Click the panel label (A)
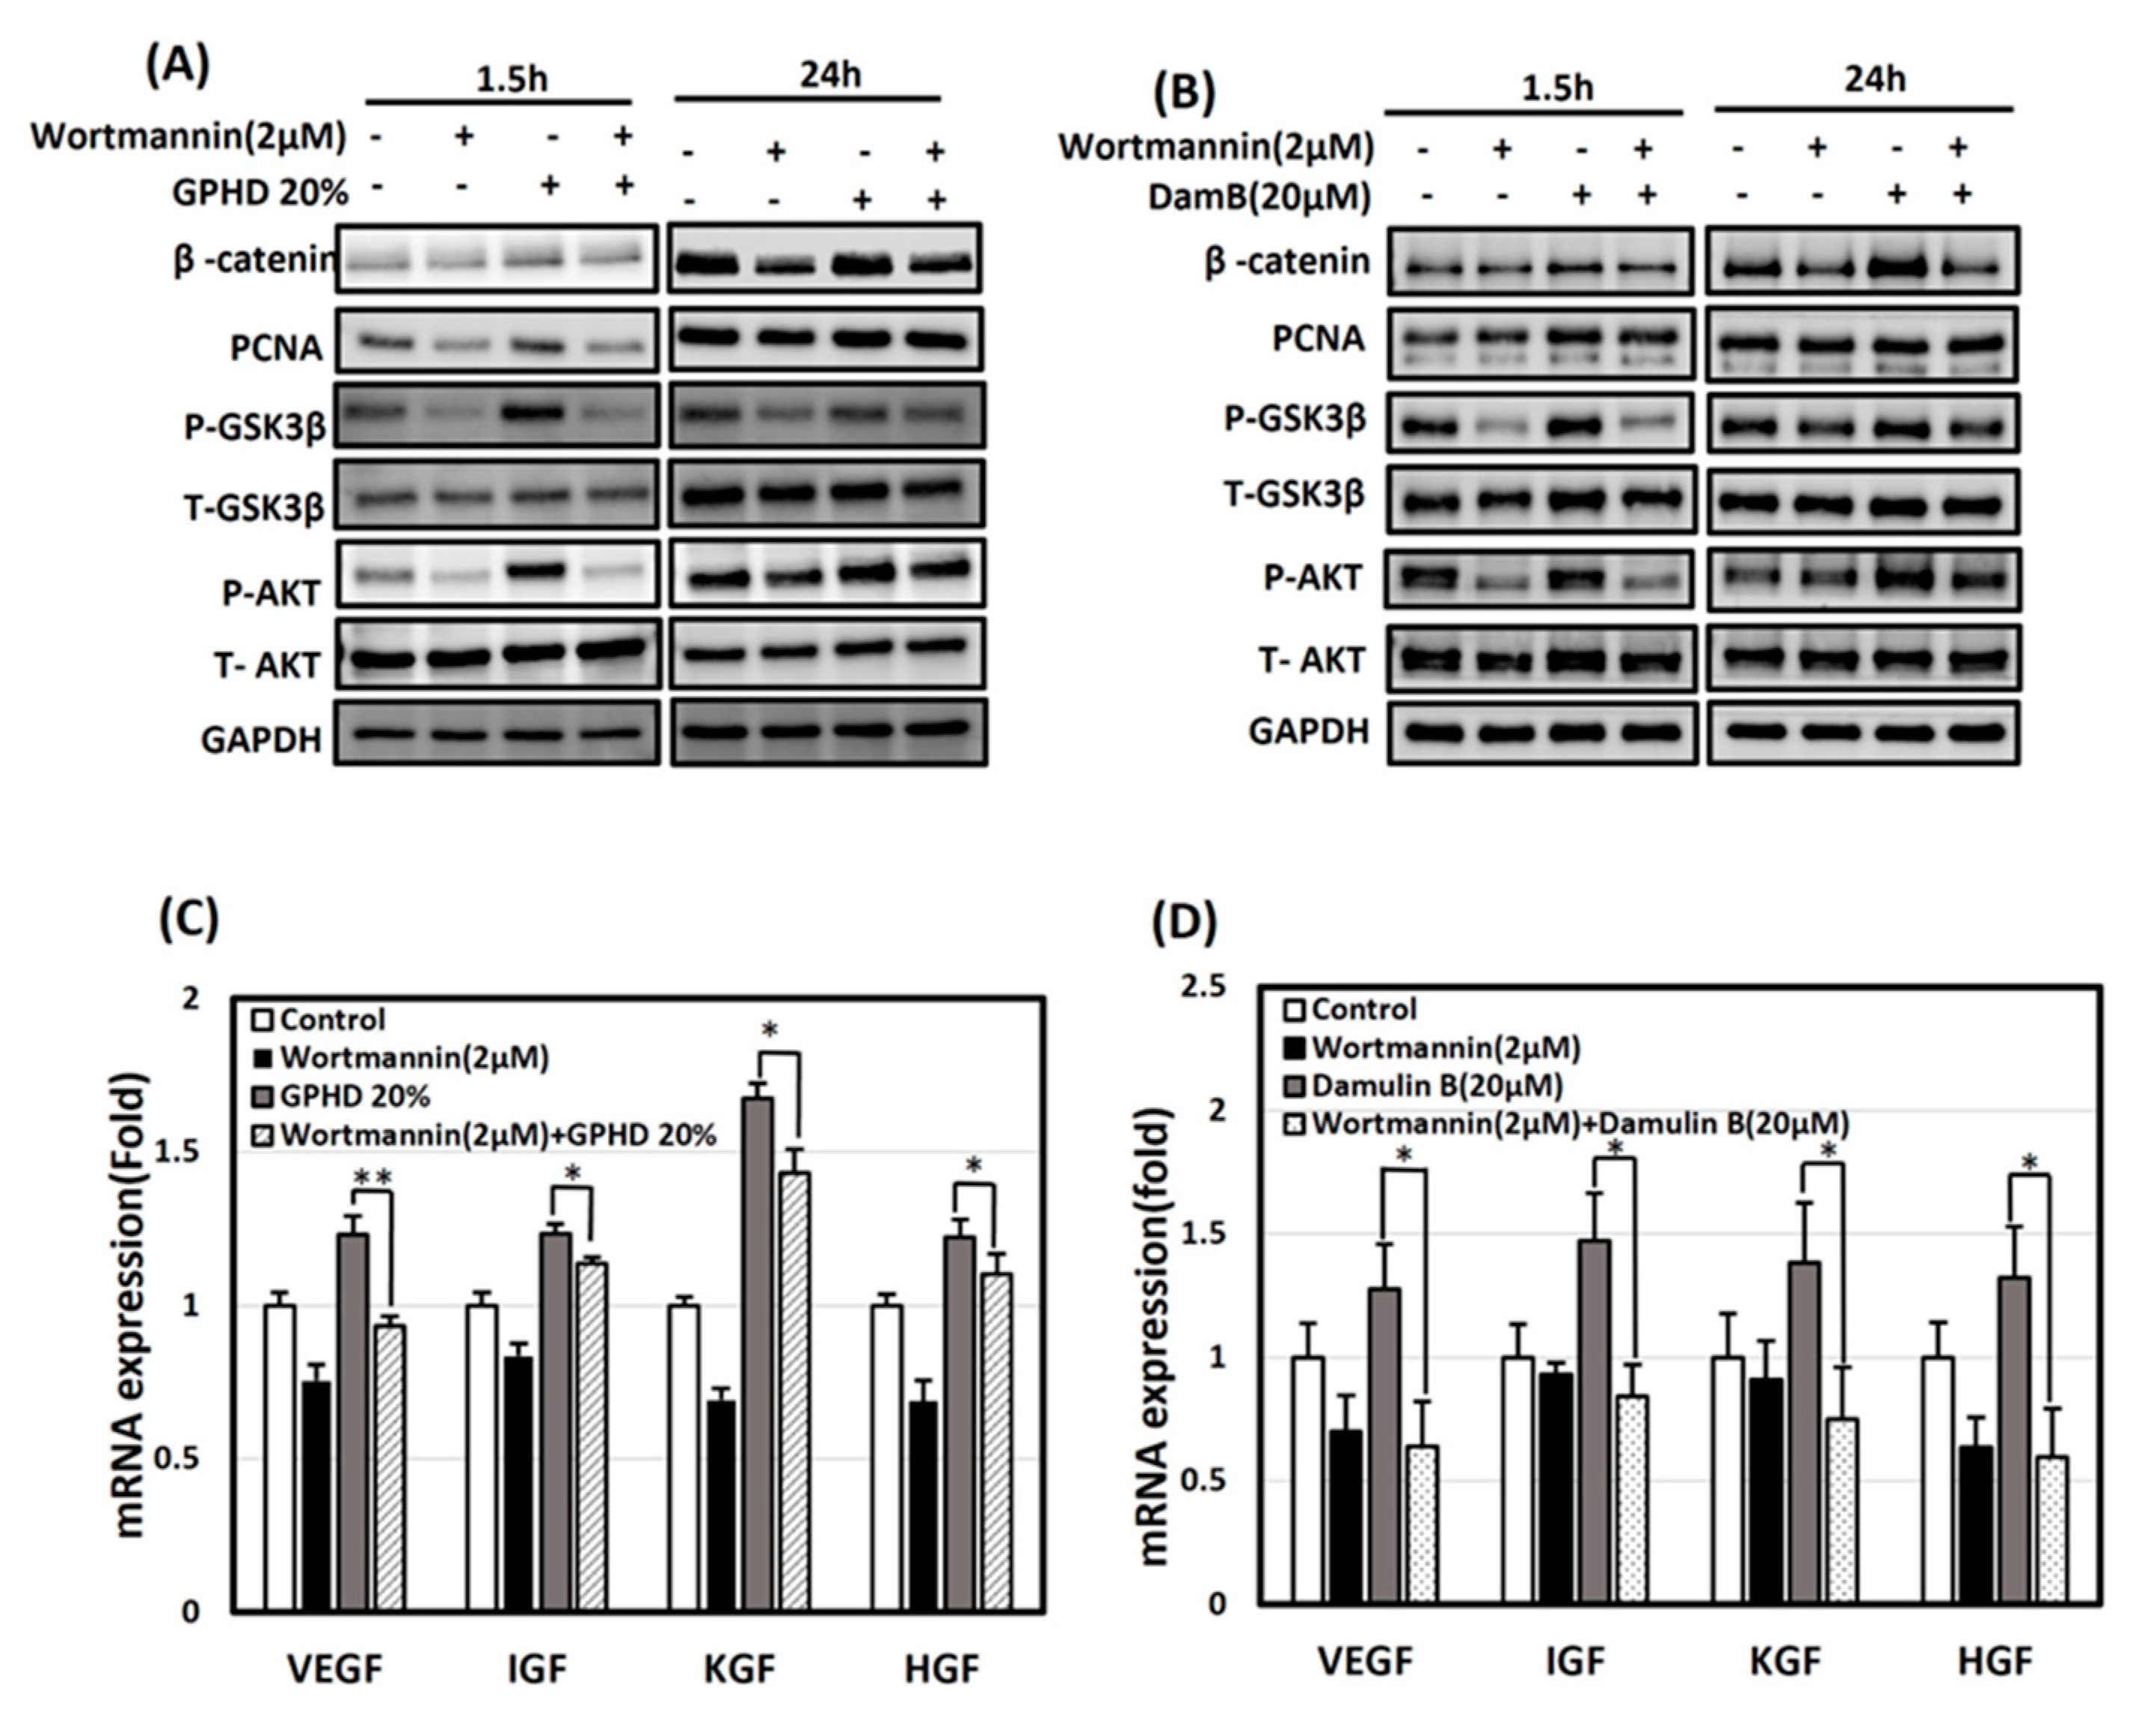[x=178, y=67]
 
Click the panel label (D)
[x=1185, y=923]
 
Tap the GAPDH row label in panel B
[x=1308, y=732]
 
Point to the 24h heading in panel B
[x=1874, y=79]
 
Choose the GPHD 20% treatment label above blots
[x=259, y=193]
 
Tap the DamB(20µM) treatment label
[x=1259, y=197]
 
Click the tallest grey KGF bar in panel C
[x=757, y=1354]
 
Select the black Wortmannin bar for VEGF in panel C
[x=316, y=1496]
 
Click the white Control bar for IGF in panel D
[x=1517, y=1481]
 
